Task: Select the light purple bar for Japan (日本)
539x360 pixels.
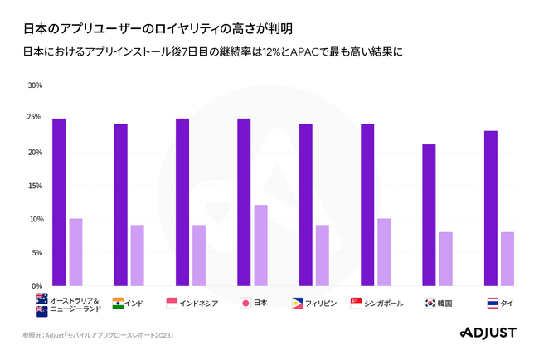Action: [x=260, y=245]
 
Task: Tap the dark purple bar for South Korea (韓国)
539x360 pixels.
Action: [x=429, y=215]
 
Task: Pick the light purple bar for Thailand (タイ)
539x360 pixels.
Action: [x=507, y=258]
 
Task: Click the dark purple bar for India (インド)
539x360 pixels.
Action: [x=120, y=204]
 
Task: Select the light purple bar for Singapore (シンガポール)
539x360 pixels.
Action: [x=384, y=251]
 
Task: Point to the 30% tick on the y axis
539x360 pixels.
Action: [x=35, y=85]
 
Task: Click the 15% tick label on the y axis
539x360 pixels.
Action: [x=35, y=186]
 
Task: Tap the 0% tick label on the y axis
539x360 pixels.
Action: [x=37, y=286]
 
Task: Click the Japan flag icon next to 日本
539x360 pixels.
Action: [x=245, y=304]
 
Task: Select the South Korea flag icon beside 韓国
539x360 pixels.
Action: [x=431, y=304]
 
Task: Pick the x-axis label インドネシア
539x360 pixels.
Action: [x=199, y=304]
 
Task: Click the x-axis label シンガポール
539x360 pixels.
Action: [x=384, y=304]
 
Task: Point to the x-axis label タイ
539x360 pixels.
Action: [x=506, y=304]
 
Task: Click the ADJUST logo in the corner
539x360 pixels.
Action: [x=487, y=333]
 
